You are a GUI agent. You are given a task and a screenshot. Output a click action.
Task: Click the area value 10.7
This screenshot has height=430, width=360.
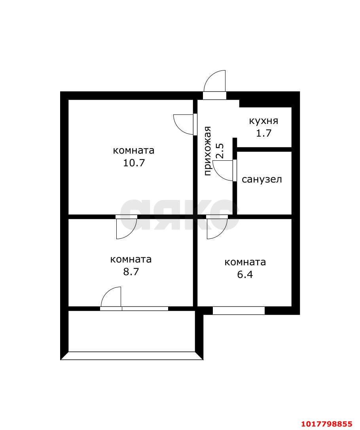click(x=134, y=163)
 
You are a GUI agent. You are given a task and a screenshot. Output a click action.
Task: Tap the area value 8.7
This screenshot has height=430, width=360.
click(x=131, y=272)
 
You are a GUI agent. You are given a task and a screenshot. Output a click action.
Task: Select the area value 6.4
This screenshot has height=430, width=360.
click(x=245, y=274)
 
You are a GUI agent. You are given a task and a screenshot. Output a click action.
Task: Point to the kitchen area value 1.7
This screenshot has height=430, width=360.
click(x=263, y=133)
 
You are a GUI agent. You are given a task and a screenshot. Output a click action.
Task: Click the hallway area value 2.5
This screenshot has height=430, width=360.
click(x=220, y=151)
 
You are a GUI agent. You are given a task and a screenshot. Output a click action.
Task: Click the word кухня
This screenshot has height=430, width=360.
click(x=263, y=121)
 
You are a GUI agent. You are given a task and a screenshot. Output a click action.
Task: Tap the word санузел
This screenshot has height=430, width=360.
click(x=261, y=179)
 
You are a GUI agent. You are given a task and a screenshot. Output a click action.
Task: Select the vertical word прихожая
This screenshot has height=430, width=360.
click(x=208, y=151)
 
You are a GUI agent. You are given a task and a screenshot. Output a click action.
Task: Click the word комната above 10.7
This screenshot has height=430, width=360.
click(x=134, y=150)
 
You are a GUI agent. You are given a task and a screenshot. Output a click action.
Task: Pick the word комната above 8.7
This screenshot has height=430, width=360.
click(x=131, y=259)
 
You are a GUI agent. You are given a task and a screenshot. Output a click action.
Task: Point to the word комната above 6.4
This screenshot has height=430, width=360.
click(x=245, y=262)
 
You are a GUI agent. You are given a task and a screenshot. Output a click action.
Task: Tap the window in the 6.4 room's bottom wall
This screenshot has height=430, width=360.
click(x=239, y=310)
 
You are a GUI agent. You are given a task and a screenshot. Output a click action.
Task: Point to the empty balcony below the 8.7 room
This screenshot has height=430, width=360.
click(x=131, y=331)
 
